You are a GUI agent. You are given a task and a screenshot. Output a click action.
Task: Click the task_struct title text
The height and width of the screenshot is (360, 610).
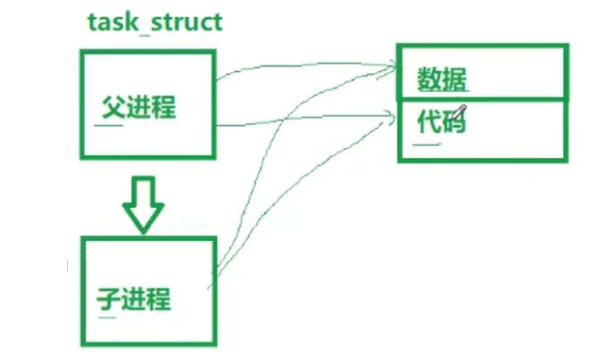tap(155, 22)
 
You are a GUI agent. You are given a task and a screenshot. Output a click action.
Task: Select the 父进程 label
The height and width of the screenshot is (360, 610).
tap(139, 108)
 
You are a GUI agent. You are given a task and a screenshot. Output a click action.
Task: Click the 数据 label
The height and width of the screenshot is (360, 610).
tap(442, 80)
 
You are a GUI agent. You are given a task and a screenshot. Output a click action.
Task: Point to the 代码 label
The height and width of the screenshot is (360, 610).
tap(441, 121)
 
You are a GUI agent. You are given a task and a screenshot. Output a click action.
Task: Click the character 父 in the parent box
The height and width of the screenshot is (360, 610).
tap(112, 108)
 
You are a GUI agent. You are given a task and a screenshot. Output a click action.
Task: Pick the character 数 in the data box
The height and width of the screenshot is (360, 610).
tap(430, 80)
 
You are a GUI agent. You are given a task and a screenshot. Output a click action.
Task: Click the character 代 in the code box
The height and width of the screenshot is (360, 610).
tap(428, 121)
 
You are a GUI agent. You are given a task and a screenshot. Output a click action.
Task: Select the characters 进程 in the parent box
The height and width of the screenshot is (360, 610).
tap(151, 108)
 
